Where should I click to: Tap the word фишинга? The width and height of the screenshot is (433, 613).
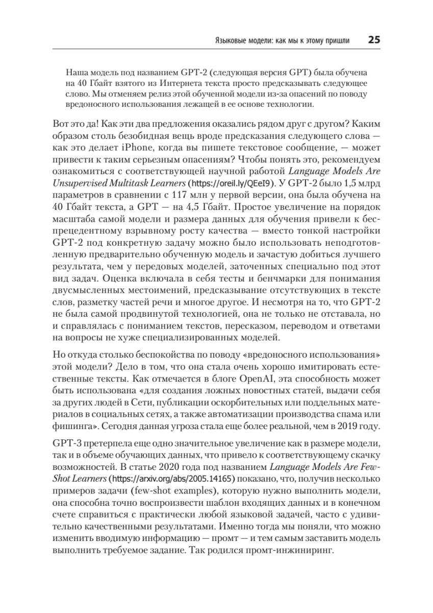(70, 426)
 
